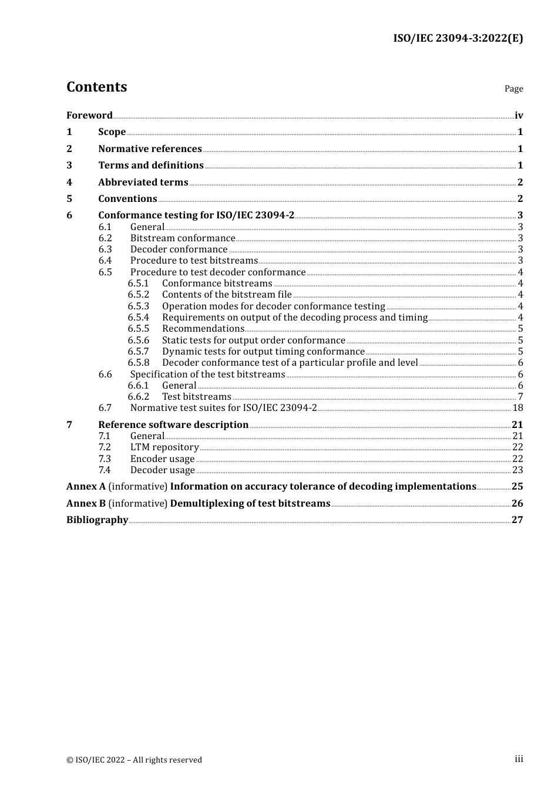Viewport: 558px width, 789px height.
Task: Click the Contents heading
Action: tap(96, 87)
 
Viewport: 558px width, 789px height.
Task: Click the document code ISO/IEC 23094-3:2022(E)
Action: tap(458, 38)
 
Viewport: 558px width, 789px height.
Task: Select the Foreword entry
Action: tap(89, 115)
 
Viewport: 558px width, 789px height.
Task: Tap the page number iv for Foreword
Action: tap(519, 115)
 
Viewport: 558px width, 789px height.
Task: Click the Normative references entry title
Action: tap(150, 149)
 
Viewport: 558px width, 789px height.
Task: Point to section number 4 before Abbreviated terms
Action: tap(69, 182)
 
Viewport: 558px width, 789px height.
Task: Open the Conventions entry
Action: tap(127, 198)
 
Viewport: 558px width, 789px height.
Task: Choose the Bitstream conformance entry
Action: tap(183, 238)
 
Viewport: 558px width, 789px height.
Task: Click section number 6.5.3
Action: tap(139, 306)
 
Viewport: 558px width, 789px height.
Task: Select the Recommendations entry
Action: tap(203, 329)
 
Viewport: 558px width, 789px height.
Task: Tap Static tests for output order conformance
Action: tap(254, 340)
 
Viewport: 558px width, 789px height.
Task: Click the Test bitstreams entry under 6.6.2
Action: tap(197, 397)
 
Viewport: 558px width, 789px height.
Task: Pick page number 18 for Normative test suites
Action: tap(517, 408)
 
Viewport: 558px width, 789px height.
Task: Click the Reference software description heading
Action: tap(173, 424)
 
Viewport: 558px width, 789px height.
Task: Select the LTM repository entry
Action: tap(164, 447)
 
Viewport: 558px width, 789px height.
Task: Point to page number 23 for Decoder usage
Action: tap(517, 470)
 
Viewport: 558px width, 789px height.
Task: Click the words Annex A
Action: tap(86, 486)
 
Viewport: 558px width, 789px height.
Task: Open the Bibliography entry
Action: tap(97, 520)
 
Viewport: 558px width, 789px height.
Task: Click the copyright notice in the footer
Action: tap(134, 760)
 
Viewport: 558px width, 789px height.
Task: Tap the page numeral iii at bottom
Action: tap(519, 759)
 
